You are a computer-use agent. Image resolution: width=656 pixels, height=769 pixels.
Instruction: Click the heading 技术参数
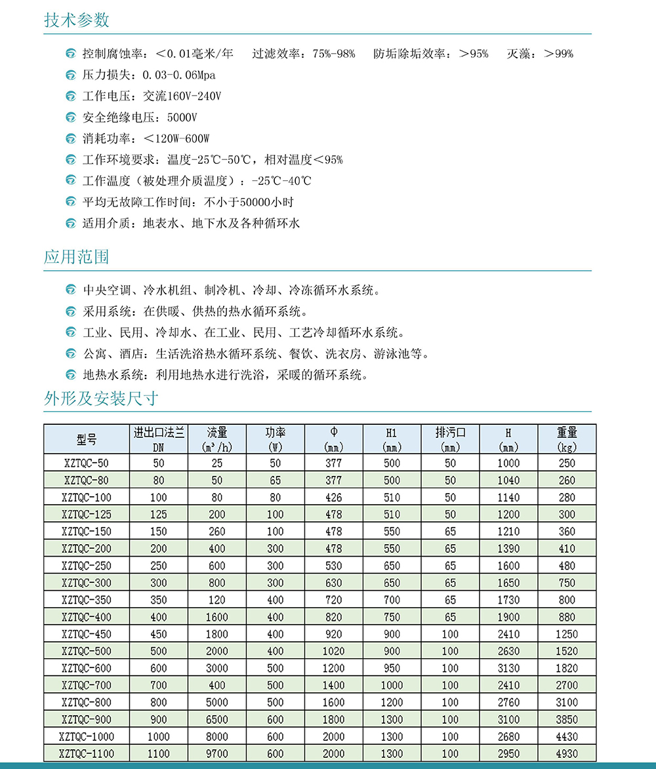pyautogui.click(x=77, y=20)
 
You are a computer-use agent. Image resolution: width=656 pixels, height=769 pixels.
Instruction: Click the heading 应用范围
pyautogui.click(x=77, y=256)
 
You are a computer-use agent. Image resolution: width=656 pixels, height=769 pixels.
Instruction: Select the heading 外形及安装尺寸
pyautogui.click(x=101, y=398)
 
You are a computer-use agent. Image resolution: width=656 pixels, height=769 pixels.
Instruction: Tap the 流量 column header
pyautogui.click(x=217, y=439)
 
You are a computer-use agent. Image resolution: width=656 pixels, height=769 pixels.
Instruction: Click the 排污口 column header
pyautogui.click(x=450, y=439)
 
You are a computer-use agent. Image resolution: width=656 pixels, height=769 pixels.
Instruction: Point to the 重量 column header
pyautogui.click(x=567, y=439)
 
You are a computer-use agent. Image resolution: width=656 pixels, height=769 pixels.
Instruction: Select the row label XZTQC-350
pyautogui.click(x=87, y=600)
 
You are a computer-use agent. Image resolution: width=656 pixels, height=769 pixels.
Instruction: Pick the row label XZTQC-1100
pyautogui.click(x=87, y=754)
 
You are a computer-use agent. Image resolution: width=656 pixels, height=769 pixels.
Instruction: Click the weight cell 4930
pyautogui.click(x=567, y=754)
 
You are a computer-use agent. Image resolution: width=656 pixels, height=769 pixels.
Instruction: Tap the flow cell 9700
pyautogui.click(x=217, y=754)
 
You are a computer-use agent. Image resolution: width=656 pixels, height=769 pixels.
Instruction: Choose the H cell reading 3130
pyautogui.click(x=508, y=668)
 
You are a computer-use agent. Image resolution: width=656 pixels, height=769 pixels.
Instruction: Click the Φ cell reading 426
pyautogui.click(x=334, y=498)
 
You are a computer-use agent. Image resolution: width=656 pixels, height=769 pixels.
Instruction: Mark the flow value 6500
pyautogui.click(x=217, y=720)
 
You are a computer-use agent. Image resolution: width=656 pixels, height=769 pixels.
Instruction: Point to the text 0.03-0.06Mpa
pyautogui.click(x=178, y=75)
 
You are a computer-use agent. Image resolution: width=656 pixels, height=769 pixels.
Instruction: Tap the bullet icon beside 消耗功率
pyautogui.click(x=71, y=139)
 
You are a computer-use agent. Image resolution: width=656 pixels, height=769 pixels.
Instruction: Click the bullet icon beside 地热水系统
pyautogui.click(x=71, y=376)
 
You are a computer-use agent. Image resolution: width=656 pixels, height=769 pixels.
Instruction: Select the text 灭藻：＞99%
pyautogui.click(x=540, y=54)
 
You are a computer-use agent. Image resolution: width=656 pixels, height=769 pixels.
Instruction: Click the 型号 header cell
pyautogui.click(x=87, y=439)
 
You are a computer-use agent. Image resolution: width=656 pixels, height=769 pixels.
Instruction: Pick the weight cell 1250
pyautogui.click(x=567, y=634)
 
